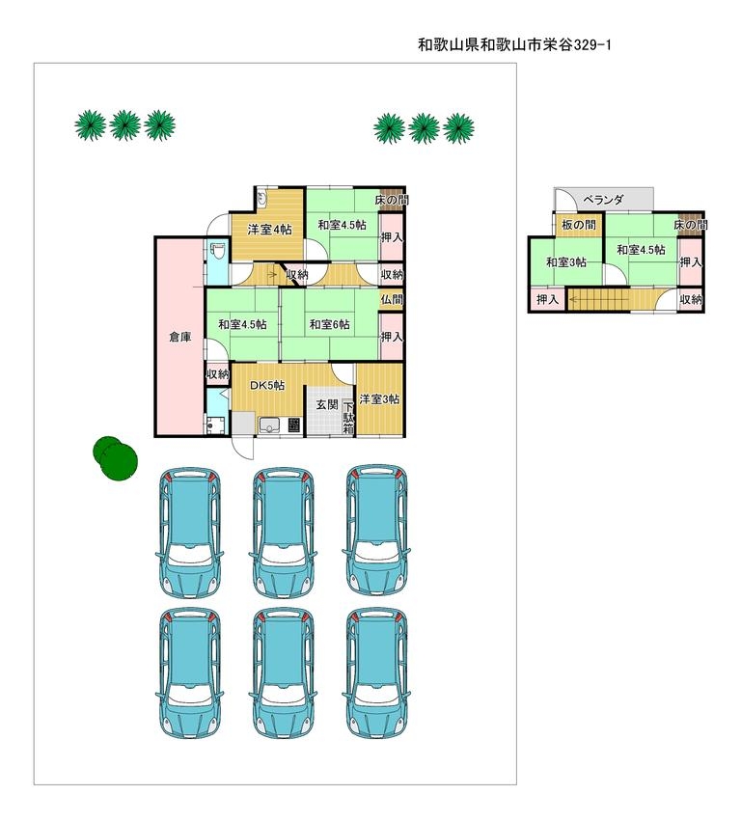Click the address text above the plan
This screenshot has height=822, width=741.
514,45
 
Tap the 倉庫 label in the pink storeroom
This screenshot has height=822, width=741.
179,337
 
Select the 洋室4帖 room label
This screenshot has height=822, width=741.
269,229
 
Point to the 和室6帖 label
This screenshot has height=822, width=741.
329,324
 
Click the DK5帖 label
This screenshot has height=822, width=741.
267,385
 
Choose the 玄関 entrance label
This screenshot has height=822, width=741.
327,404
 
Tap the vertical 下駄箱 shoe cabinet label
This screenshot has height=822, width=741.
348,418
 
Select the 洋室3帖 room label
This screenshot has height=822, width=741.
380,399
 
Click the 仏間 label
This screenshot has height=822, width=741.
391,300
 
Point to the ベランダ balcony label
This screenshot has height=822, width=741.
603,200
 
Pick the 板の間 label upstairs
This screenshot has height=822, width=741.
579,225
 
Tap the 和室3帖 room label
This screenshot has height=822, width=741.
566,262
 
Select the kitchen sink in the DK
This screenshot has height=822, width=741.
269,425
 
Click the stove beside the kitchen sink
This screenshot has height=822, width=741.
293,425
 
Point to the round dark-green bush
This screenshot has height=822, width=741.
116,457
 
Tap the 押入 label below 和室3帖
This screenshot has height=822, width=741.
547,300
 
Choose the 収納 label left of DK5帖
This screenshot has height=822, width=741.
217,374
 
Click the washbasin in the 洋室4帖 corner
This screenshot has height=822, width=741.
262,198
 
